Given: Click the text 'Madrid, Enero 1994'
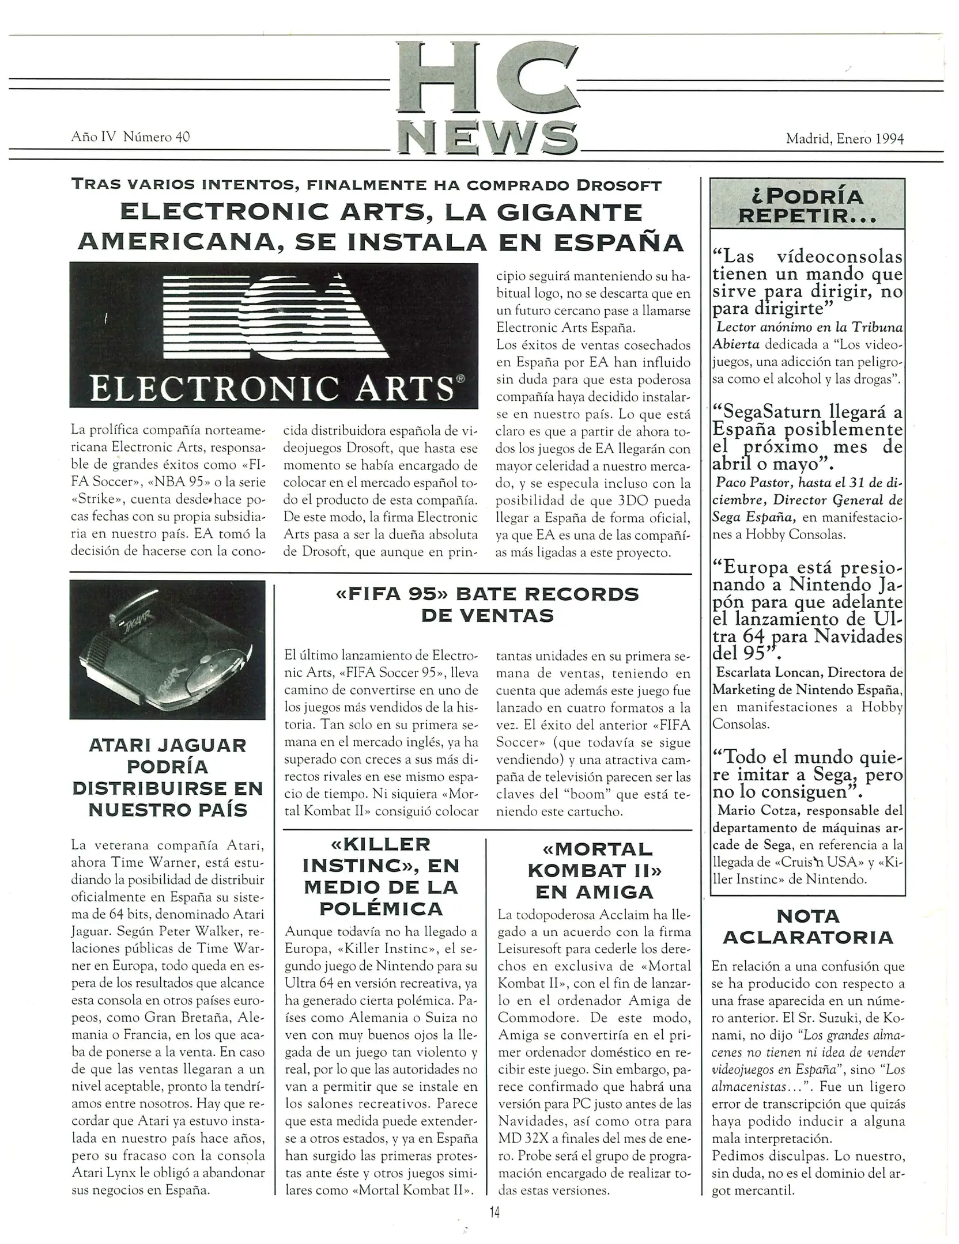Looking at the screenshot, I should [844, 138].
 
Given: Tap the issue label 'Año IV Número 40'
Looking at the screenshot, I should [130, 136].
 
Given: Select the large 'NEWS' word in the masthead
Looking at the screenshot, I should [488, 138].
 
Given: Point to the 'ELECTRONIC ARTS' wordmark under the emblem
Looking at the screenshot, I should [273, 389].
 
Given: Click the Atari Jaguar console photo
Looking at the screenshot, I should [167, 649].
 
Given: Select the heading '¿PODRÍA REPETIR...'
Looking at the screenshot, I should [807, 206].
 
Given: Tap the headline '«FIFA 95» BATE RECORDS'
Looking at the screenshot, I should [487, 594].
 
